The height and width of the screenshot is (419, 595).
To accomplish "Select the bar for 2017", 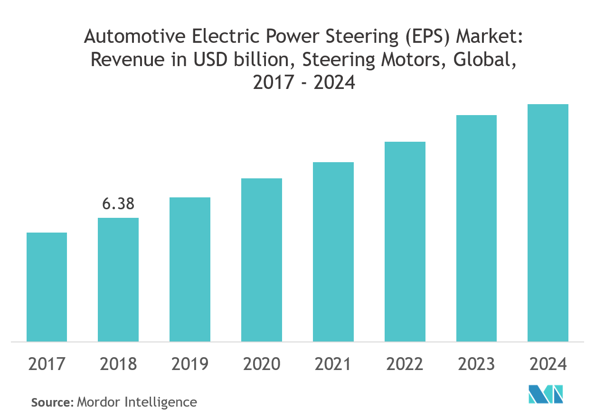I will click(x=47, y=287).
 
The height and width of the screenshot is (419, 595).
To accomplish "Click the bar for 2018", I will click(x=118, y=280).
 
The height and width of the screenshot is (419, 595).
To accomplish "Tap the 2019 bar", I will click(x=190, y=269).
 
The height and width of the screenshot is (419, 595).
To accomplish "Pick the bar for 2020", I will click(x=262, y=260).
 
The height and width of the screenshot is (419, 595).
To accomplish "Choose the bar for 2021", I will click(x=333, y=252).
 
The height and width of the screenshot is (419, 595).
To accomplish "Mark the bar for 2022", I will click(x=405, y=242).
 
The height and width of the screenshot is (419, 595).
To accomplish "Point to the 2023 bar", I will click(x=476, y=228).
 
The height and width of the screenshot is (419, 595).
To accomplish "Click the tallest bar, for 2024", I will click(x=548, y=223).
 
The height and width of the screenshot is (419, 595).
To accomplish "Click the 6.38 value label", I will click(x=118, y=204).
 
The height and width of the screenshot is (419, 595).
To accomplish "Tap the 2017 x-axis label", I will click(x=47, y=364).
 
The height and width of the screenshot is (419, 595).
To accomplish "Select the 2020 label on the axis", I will click(x=262, y=364).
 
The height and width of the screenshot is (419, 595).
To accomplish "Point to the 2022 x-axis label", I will click(x=405, y=364).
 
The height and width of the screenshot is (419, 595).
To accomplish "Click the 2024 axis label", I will click(x=548, y=364).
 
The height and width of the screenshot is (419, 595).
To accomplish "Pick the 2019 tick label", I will click(x=190, y=364).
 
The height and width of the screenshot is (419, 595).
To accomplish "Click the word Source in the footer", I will click(x=51, y=402).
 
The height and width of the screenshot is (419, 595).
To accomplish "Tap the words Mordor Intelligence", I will click(x=137, y=402).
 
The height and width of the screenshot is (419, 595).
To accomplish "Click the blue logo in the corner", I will click(x=546, y=394).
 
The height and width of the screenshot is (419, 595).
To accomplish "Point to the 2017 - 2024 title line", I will click(x=304, y=83).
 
